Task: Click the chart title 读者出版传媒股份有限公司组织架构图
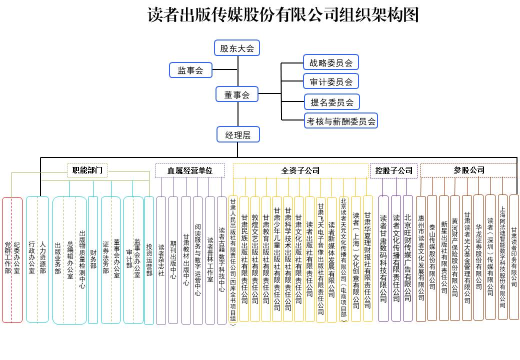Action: point(282,15)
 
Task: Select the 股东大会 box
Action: point(237,48)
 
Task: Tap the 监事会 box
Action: point(190,70)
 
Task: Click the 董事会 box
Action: point(237,94)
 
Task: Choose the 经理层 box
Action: point(237,134)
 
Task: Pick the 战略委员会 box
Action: point(330,62)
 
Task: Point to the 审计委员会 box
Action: point(330,81)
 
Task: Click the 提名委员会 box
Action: point(331,102)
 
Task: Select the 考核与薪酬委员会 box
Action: point(341,120)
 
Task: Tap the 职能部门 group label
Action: point(87,170)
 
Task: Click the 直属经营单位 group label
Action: point(189,170)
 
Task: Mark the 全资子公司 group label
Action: point(300,170)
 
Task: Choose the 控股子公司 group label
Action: point(394,170)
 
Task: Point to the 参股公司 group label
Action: point(468,170)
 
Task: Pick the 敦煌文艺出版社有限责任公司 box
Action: point(255,259)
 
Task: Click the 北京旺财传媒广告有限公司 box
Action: point(407,258)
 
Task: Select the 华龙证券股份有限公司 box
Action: point(478,258)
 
